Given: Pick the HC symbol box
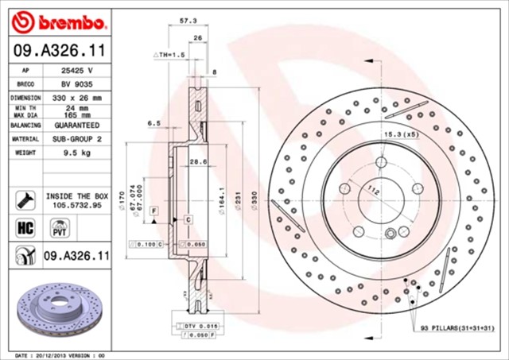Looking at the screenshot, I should (x=23, y=228).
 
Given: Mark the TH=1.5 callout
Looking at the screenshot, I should (x=169, y=56).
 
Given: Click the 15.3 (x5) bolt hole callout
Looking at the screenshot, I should (x=402, y=135).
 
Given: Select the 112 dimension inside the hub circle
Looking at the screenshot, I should (x=373, y=190).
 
